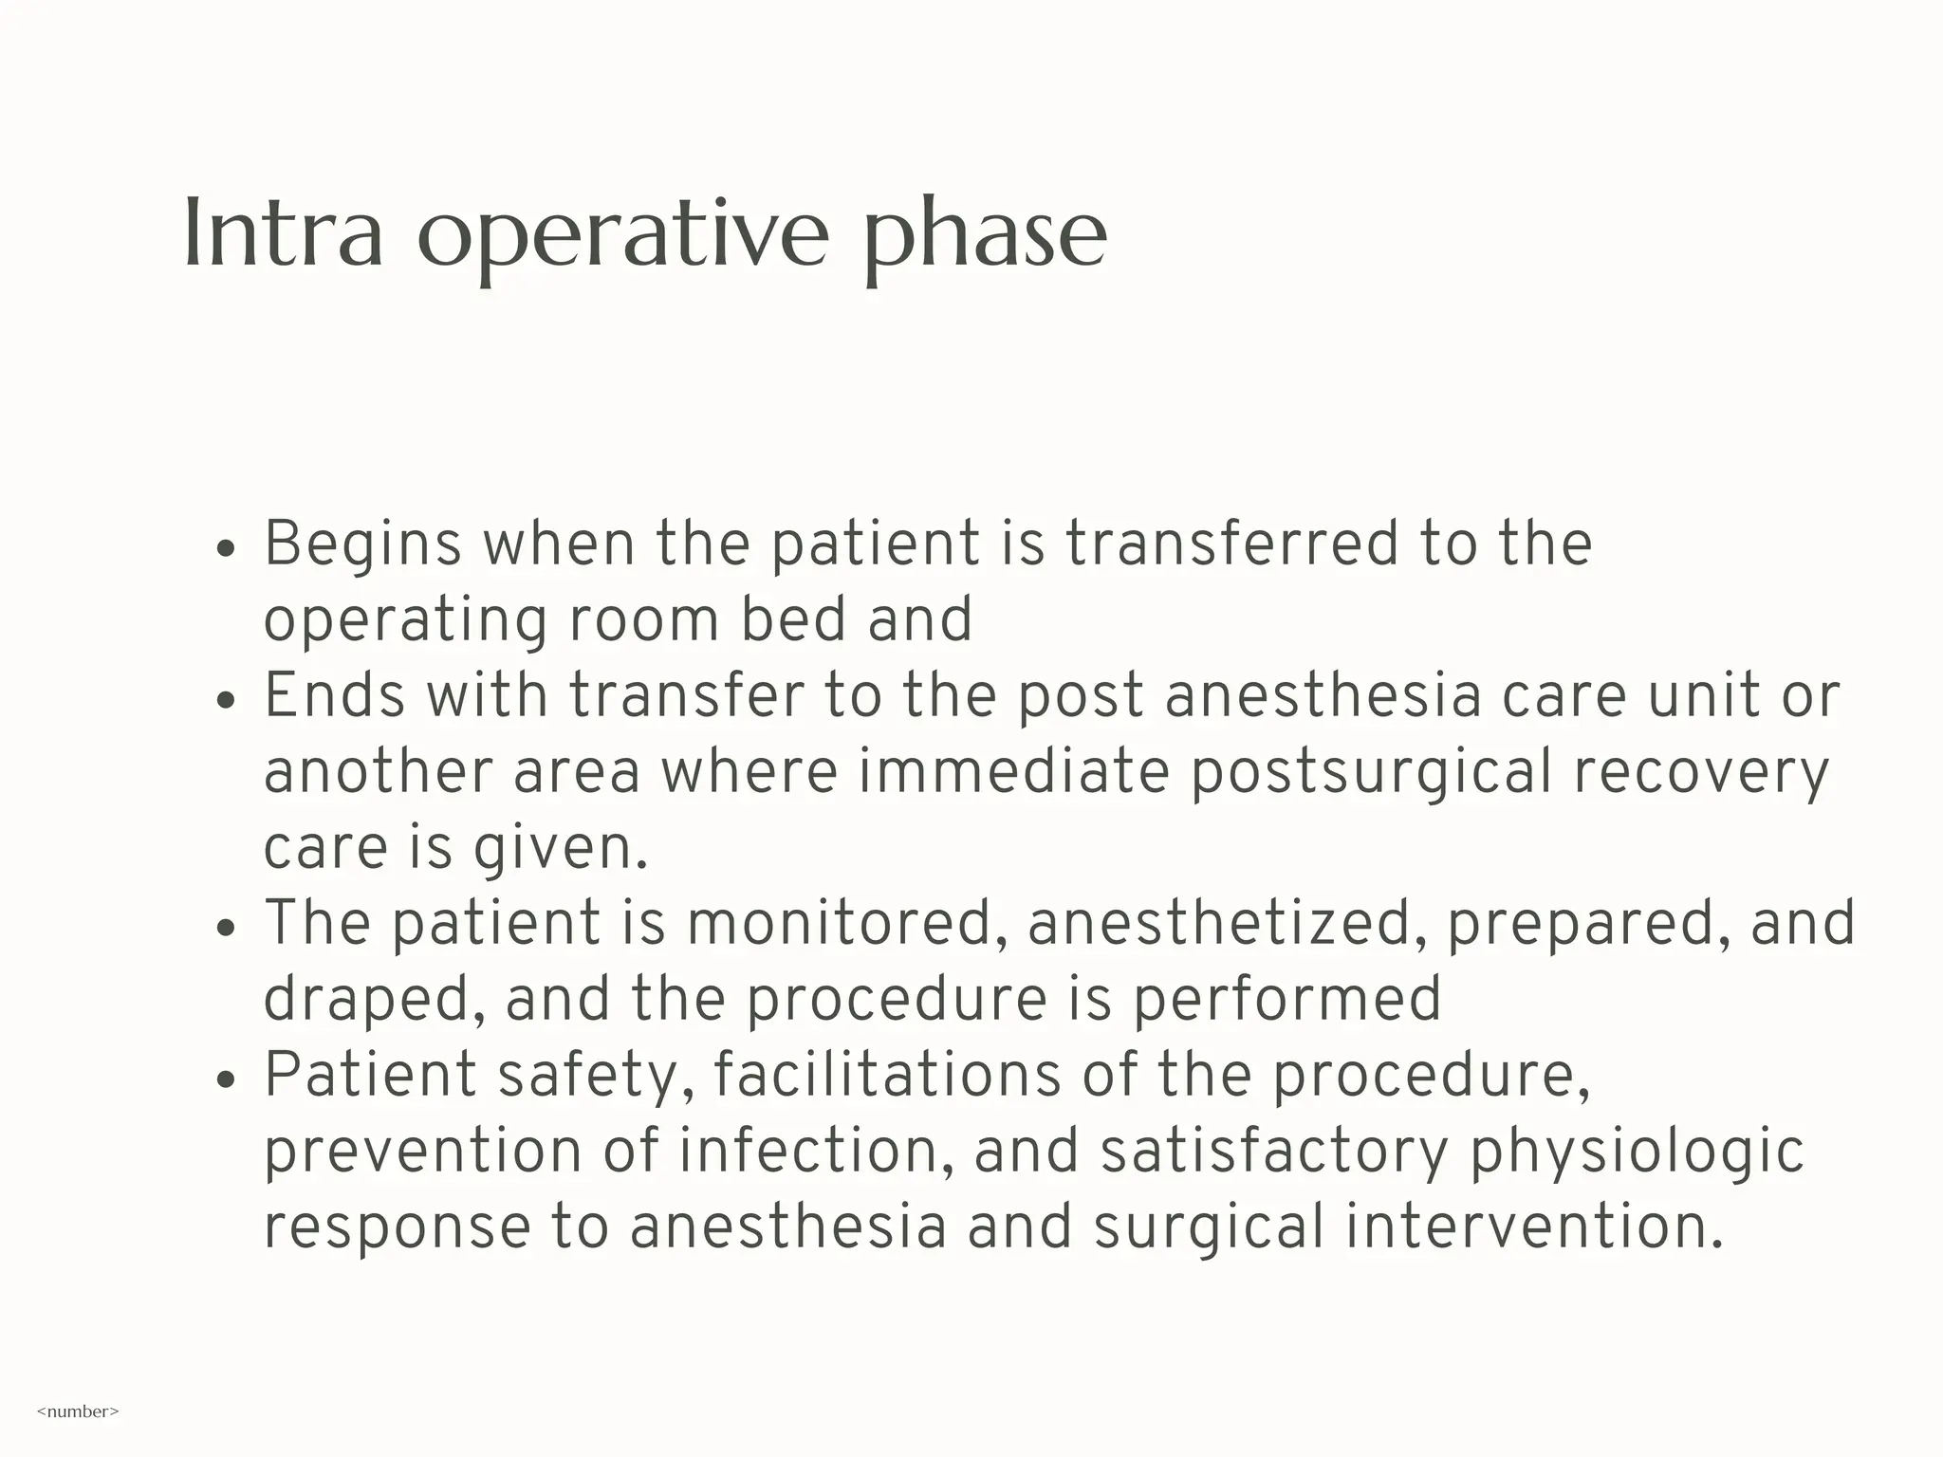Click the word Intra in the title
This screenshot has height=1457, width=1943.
pyautogui.click(x=283, y=233)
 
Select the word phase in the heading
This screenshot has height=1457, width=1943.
pyautogui.click(x=985, y=237)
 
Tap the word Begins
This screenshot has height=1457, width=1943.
pyautogui.click(x=362, y=546)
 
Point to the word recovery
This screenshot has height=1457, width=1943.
pyautogui.click(x=1700, y=773)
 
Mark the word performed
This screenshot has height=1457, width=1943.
pyautogui.click(x=1287, y=1001)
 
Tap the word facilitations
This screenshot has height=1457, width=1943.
pyautogui.click(x=887, y=1076)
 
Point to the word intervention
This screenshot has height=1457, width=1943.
pyautogui.click(x=1533, y=1227)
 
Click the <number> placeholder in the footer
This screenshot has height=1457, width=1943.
pyautogui.click(x=78, y=1411)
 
